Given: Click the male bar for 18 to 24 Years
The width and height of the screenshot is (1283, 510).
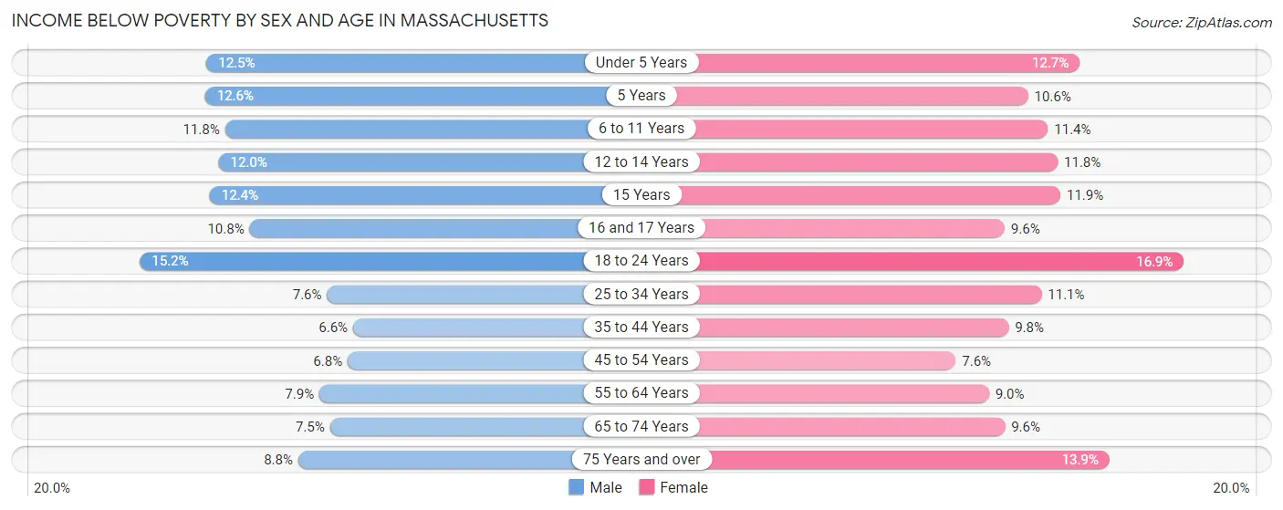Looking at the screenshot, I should [x=365, y=261].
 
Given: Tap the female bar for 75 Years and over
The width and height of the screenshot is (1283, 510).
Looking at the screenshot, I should [x=903, y=460].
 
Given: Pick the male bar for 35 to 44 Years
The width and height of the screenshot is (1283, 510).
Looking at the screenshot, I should [x=470, y=328].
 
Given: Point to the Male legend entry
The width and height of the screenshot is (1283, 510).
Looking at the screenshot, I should [x=595, y=488].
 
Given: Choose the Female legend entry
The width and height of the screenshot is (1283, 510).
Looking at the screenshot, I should [x=673, y=488].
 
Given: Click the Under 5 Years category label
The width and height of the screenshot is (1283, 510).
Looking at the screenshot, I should [x=641, y=63].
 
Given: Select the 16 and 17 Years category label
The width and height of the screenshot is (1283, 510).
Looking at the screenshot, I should [x=641, y=228].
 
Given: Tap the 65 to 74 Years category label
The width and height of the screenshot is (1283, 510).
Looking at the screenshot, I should [x=641, y=427].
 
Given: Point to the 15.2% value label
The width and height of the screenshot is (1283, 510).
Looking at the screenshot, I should [x=171, y=261].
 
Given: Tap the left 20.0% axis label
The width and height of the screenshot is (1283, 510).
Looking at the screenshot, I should [x=51, y=488].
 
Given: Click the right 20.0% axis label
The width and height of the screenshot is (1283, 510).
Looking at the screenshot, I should [x=1231, y=488].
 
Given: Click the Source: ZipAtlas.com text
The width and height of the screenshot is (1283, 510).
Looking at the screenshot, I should [x=1201, y=22].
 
